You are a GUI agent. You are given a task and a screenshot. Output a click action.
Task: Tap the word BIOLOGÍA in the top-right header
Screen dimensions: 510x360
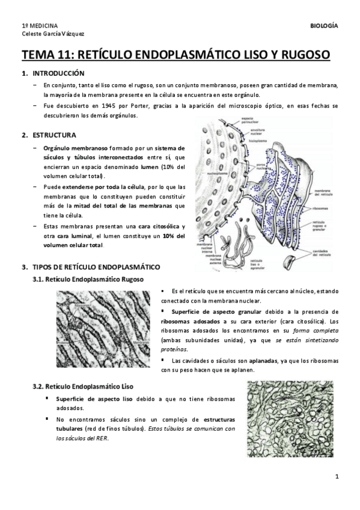(x=323, y=26)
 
